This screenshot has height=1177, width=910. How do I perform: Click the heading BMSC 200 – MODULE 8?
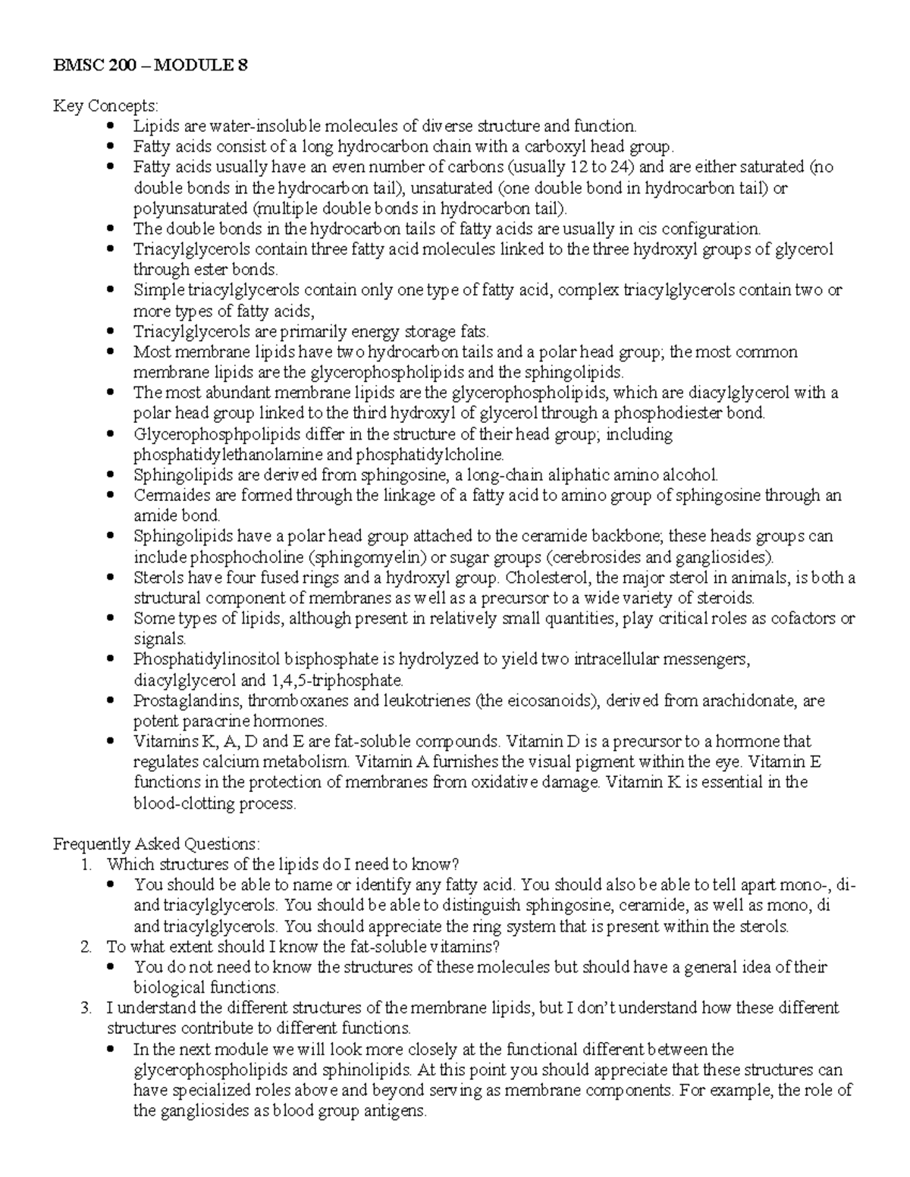[x=149, y=65]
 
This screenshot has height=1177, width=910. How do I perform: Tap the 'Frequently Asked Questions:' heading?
[x=156, y=844]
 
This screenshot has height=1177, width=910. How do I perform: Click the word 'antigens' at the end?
[x=397, y=1112]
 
